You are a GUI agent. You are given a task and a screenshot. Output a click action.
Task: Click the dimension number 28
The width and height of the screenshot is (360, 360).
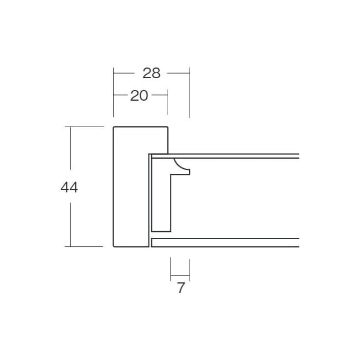(x=151, y=73)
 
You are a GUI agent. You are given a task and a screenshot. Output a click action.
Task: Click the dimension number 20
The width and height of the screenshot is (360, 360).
(x=139, y=96)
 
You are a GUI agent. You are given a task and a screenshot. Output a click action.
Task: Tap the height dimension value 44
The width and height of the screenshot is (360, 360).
(x=69, y=187)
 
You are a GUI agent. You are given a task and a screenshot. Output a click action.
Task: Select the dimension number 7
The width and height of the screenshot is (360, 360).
(x=181, y=287)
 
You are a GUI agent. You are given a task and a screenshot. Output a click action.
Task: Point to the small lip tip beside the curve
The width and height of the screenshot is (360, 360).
(x=190, y=172)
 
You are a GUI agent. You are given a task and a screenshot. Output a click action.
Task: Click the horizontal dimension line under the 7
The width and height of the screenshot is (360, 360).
(x=180, y=275)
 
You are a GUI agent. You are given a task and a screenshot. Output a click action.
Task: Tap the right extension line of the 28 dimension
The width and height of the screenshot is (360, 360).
(x=190, y=93)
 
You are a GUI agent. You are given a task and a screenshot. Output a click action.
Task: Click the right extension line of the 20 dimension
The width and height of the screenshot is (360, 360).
(x=168, y=102)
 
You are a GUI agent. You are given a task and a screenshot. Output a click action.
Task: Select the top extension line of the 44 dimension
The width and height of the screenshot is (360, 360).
(x=84, y=127)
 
